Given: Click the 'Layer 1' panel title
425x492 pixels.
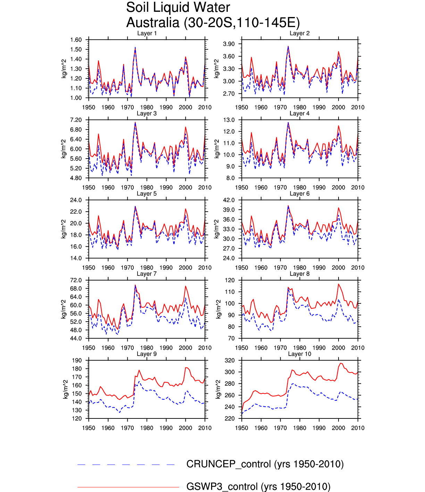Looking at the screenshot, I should coord(147,33).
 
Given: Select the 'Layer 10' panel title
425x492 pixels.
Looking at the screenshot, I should coord(299,354).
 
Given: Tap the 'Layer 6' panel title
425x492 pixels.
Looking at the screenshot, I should coord(299,194).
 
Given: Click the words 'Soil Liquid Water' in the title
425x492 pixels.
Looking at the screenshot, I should coord(178,7).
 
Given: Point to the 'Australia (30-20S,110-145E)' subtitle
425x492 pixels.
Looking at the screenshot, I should coord(213,23).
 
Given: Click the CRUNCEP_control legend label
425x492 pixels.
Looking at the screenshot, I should coord(265,464).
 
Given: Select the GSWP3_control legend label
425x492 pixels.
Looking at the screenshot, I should coord(258,486).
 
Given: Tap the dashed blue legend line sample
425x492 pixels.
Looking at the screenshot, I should coord(126,465).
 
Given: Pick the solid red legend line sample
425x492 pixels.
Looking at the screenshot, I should coord(128,487).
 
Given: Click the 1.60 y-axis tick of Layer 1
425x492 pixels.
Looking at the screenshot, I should coord(76,40).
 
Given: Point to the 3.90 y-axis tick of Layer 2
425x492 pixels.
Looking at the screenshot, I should coord(229,44).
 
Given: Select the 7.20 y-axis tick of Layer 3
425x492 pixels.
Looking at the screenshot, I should coord(76,120).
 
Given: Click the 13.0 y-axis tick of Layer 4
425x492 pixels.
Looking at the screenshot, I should coord(229,120).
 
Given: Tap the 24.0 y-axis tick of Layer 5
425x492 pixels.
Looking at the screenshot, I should coord(76,200).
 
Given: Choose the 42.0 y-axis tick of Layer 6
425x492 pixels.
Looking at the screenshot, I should coord(229,200).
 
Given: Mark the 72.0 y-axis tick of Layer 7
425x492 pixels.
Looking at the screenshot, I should coord(76,280).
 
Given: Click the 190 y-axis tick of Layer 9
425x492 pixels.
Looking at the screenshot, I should coord(77,360).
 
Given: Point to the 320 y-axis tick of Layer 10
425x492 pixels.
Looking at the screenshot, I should coord(230,360).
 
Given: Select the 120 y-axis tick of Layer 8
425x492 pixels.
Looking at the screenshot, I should coord(230,280).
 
